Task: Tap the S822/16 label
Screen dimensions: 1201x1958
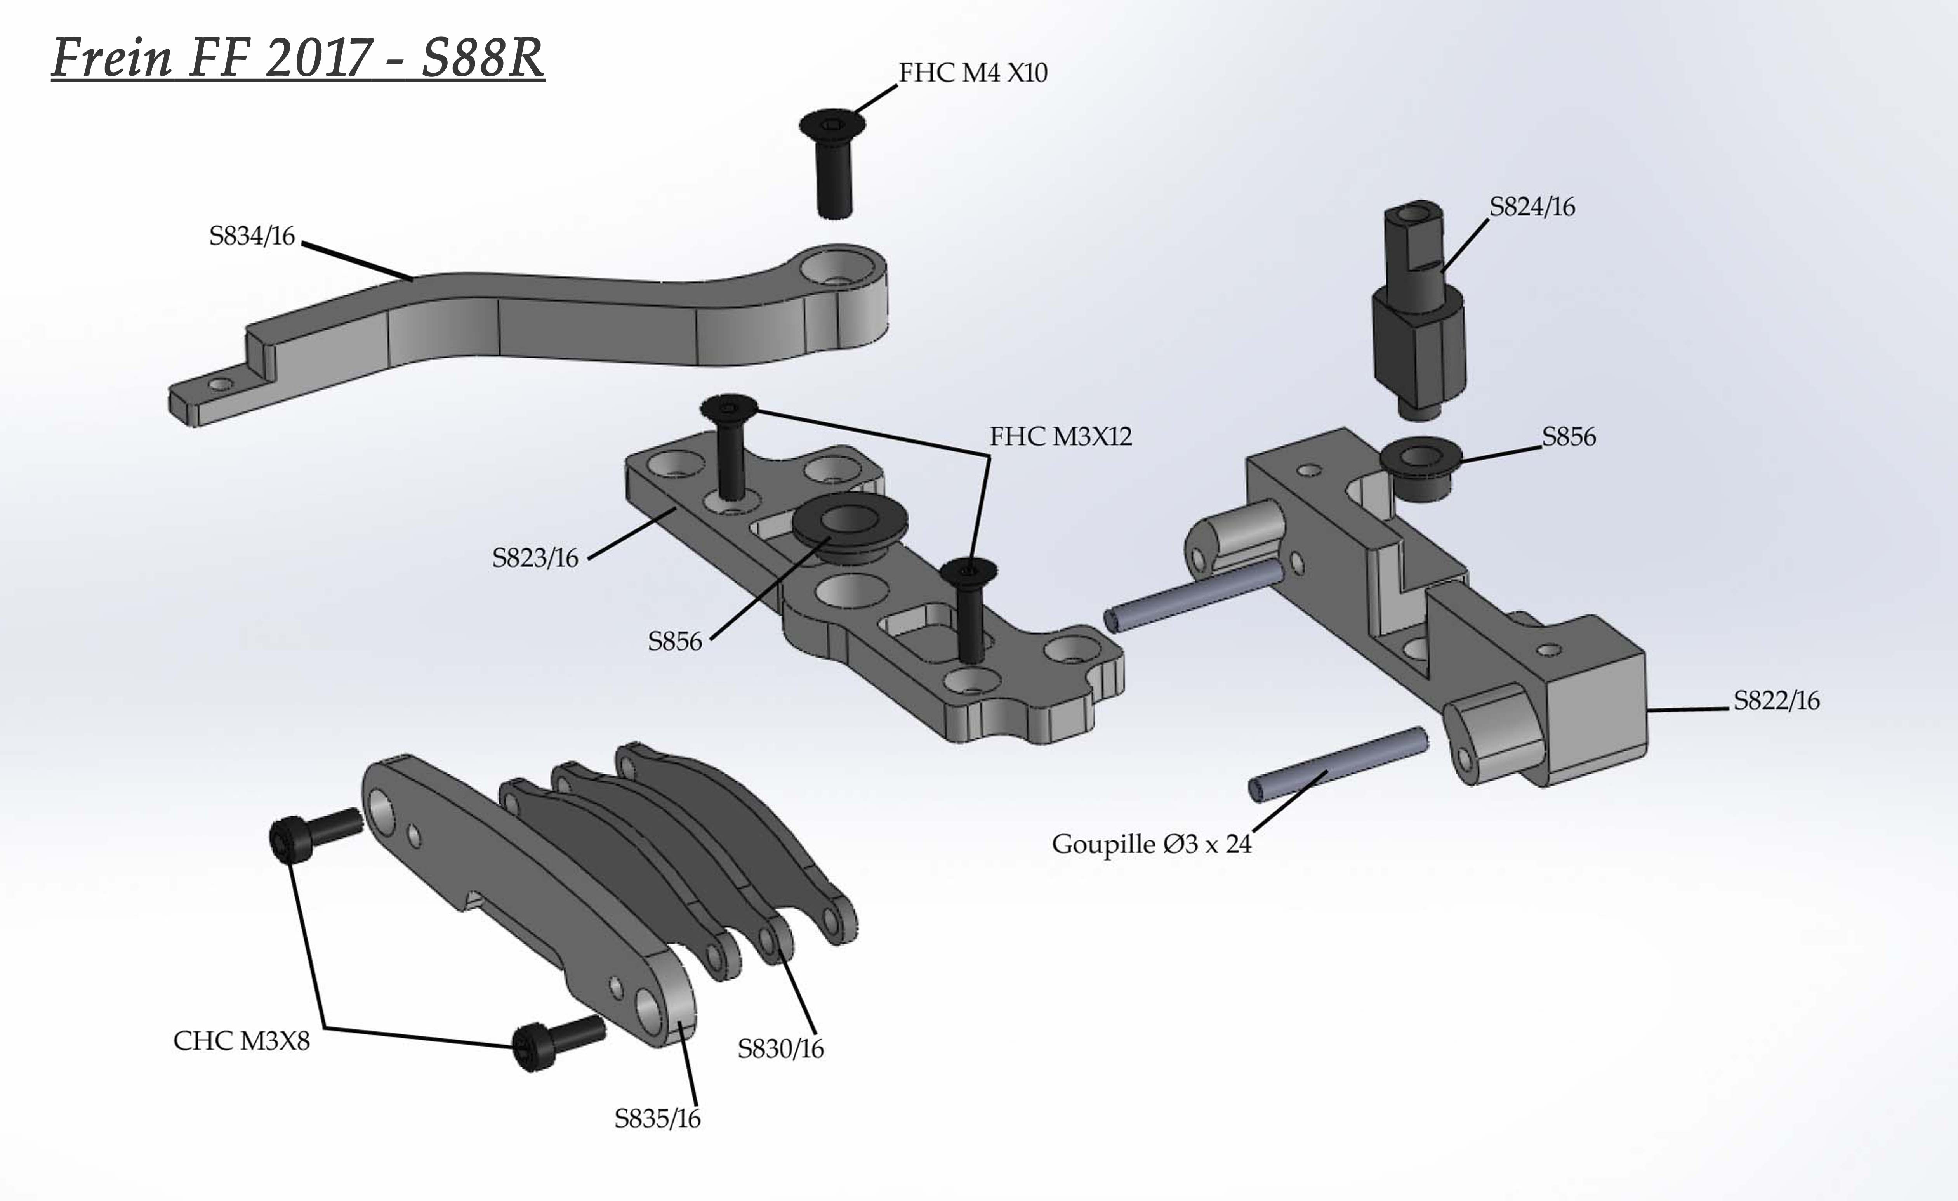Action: click(1776, 701)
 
